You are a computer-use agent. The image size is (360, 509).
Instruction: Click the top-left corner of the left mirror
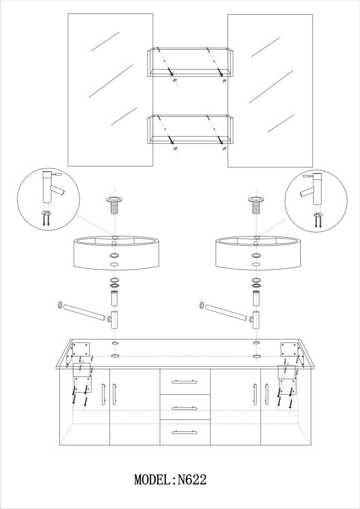point(68,13)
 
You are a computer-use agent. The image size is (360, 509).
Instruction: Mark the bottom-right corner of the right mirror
point(313,167)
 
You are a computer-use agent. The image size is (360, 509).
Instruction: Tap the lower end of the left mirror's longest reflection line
point(89,97)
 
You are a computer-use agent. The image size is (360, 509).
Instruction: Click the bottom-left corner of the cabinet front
point(59,445)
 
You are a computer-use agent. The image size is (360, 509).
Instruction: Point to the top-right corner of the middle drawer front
point(210,394)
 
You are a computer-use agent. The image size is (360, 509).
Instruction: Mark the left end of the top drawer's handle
point(173,382)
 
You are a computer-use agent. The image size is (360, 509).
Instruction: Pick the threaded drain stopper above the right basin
point(256,205)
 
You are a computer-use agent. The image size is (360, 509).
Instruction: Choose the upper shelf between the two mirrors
point(190,62)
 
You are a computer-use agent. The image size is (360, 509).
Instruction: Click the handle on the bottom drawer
point(185,432)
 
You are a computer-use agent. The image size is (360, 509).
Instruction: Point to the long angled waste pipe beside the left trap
point(84,312)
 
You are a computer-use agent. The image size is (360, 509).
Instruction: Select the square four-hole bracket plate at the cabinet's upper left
point(81,349)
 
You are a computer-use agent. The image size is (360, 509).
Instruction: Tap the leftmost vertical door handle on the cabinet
point(103,394)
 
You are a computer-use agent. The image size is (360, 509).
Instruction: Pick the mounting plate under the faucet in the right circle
point(318,215)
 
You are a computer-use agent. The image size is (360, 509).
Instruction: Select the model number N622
point(192,480)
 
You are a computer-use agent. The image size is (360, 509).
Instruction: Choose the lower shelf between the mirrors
point(190,130)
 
